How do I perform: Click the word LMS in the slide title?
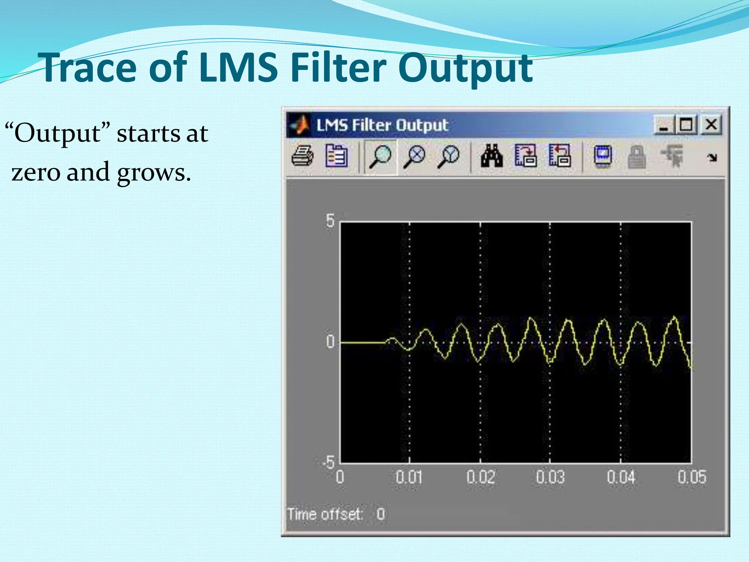(238, 68)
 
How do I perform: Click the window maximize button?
(686, 125)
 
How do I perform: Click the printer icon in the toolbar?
(302, 157)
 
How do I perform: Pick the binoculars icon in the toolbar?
(492, 157)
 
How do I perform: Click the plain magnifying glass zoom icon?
(380, 157)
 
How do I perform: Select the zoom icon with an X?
(414, 157)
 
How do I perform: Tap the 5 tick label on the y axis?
(330, 221)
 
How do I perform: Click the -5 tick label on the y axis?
(328, 462)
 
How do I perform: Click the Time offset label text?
(324, 514)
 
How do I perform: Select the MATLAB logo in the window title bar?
(300, 125)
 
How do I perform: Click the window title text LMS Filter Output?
(382, 125)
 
